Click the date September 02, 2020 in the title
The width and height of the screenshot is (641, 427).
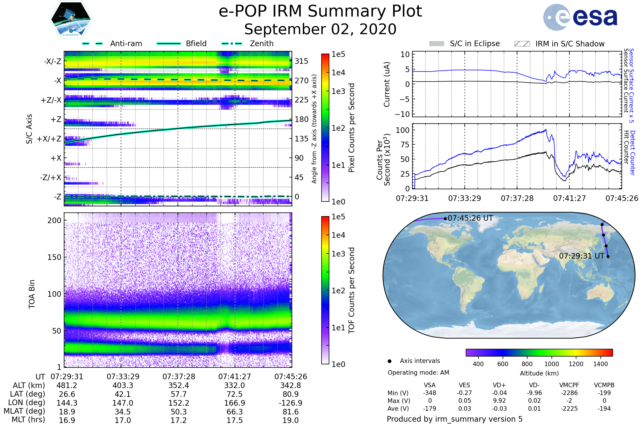click(320, 29)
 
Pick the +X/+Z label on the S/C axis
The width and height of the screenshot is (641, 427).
click(49, 139)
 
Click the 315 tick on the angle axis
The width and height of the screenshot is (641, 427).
click(301, 61)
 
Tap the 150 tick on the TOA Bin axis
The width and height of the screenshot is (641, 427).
click(54, 257)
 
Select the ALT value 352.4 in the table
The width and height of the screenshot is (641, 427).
click(179, 385)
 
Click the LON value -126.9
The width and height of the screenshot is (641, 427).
click(291, 403)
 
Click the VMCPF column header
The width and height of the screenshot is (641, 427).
click(569, 385)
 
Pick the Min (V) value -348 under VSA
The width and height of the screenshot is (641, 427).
click(429, 393)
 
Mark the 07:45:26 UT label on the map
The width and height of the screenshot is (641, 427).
click(470, 218)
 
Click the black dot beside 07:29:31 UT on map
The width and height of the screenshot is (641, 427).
click(608, 256)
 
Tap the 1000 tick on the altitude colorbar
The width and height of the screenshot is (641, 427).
click(551, 364)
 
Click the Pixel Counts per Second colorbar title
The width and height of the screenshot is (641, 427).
click(351, 128)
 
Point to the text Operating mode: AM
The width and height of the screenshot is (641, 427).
click(418, 373)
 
